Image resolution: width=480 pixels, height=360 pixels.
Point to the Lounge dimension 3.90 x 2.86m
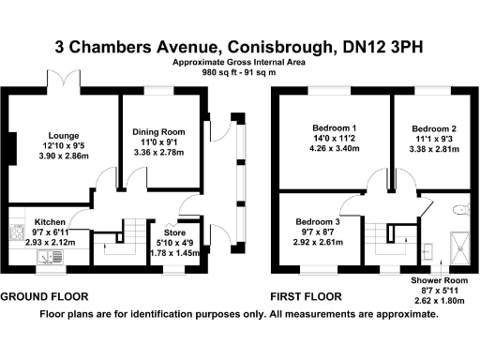[x=65, y=156]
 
